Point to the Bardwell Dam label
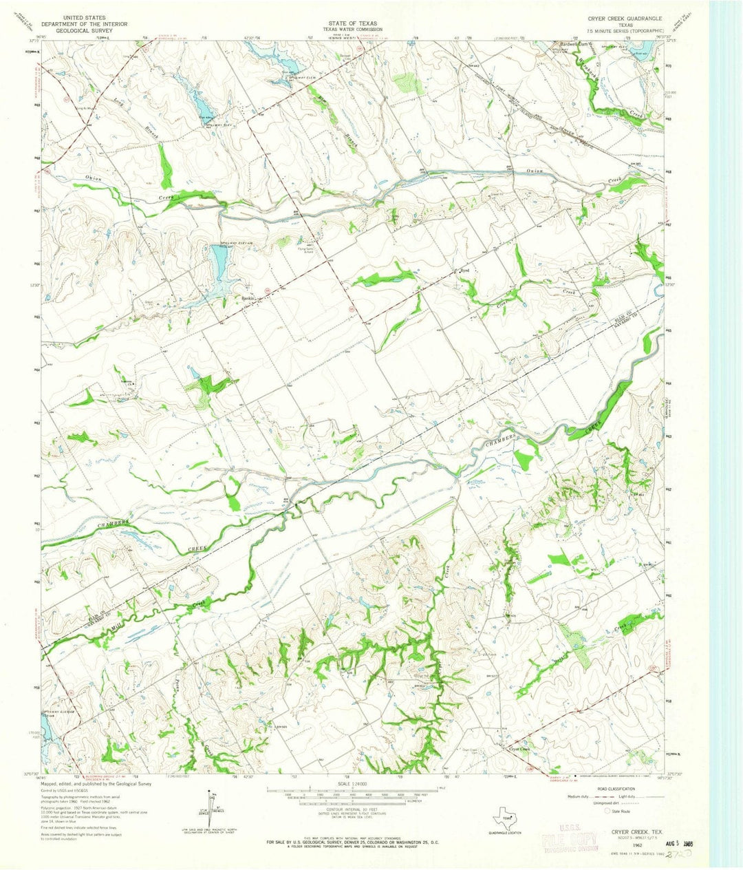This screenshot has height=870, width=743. [x=570, y=45]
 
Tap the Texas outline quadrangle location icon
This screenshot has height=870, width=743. [x=505, y=817]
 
